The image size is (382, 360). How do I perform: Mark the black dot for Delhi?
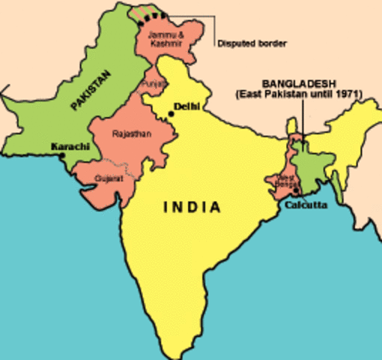172,114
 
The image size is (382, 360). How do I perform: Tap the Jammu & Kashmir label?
163,39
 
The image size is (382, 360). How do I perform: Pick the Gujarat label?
106,178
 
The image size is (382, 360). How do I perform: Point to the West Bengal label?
286,180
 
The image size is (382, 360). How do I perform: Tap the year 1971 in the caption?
348,94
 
